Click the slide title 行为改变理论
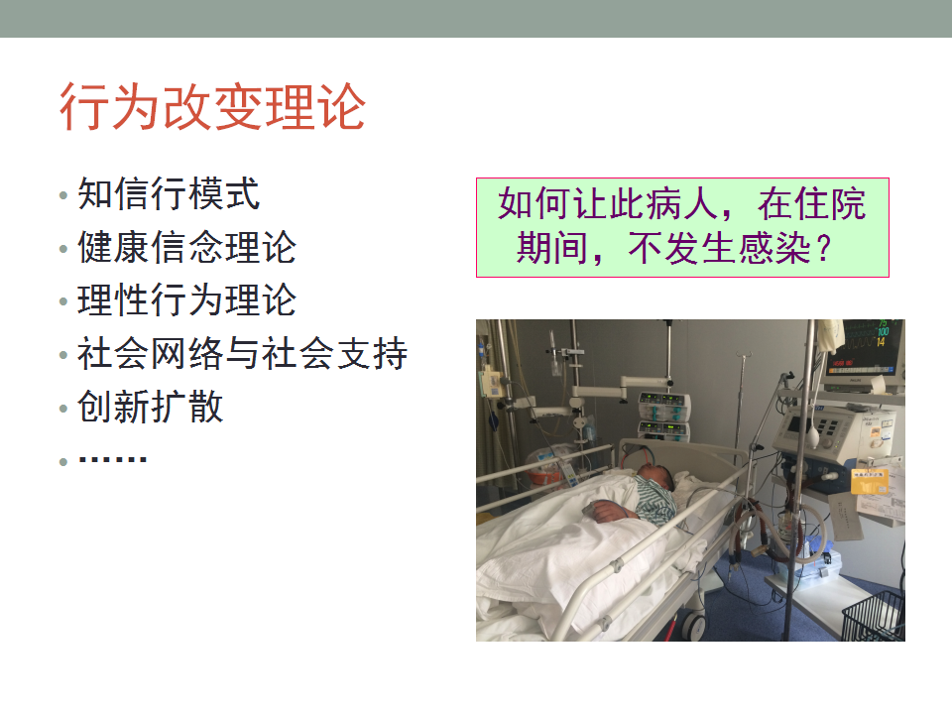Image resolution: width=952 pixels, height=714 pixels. (x=212, y=107)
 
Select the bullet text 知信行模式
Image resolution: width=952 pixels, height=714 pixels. (x=169, y=193)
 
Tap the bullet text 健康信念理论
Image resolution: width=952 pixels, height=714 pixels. (x=187, y=247)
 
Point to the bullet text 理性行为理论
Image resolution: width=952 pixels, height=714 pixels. (x=187, y=299)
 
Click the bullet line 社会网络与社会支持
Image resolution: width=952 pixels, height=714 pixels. (x=242, y=353)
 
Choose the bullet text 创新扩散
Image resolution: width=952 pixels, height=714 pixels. (x=151, y=407)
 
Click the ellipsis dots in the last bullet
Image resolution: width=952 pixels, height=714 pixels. (x=113, y=459)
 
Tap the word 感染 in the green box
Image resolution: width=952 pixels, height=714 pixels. (x=773, y=248)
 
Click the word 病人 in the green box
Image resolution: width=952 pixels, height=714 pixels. (x=682, y=202)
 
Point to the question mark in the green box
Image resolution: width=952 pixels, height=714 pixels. (x=824, y=248)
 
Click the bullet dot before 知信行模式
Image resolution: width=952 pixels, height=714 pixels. (x=63, y=195)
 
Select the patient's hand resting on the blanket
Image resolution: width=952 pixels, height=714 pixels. (x=608, y=511)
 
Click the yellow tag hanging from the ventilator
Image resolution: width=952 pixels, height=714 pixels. (x=870, y=482)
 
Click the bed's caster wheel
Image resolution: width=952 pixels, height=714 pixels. (x=693, y=625)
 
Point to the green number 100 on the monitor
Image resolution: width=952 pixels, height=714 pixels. (x=883, y=331)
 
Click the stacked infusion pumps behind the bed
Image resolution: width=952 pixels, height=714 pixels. (x=664, y=416)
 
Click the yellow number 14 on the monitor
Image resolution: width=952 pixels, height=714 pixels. (x=881, y=342)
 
